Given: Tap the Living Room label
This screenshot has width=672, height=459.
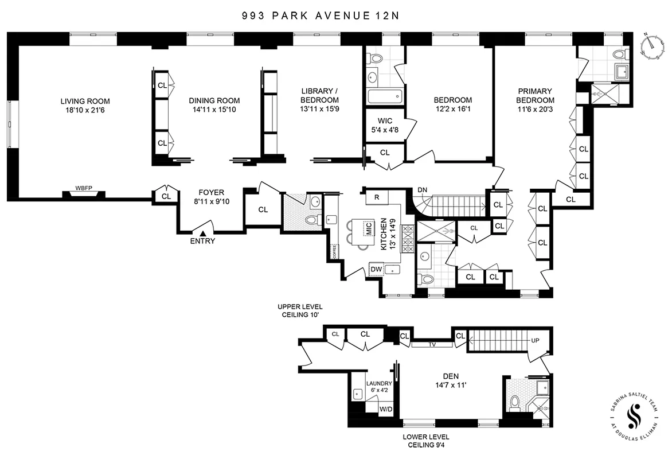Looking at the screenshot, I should (x=85, y=101).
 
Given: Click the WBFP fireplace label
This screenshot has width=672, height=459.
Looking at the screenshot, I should (x=84, y=188).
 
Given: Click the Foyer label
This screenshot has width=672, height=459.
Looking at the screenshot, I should (x=211, y=192).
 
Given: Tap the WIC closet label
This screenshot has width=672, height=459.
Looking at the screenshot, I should (x=384, y=121).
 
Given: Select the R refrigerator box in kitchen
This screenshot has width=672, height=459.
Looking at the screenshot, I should (x=377, y=197).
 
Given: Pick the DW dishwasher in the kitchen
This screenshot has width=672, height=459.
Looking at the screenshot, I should (x=376, y=270).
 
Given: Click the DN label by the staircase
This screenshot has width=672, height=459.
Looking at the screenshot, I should (x=422, y=190).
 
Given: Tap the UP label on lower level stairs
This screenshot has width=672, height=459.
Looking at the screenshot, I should (x=536, y=341).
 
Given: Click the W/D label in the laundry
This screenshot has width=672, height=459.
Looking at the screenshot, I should (x=386, y=409).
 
